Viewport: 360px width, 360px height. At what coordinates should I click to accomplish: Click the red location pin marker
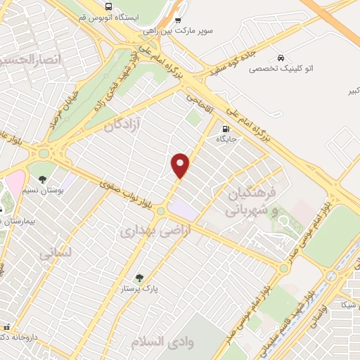[181, 165]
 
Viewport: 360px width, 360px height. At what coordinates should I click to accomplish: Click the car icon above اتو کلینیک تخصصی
[281, 57]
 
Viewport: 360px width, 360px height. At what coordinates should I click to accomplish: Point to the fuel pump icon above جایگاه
[226, 129]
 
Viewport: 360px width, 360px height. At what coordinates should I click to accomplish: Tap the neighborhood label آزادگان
[122, 125]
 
